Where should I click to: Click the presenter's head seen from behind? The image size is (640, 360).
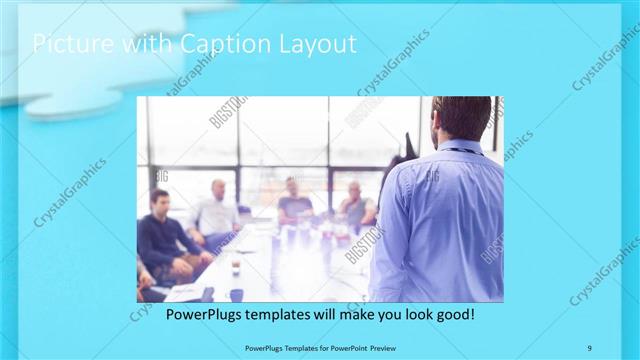click(461, 118)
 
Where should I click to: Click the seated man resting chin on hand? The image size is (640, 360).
click(355, 205)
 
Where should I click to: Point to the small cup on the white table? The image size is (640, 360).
click(234, 267)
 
